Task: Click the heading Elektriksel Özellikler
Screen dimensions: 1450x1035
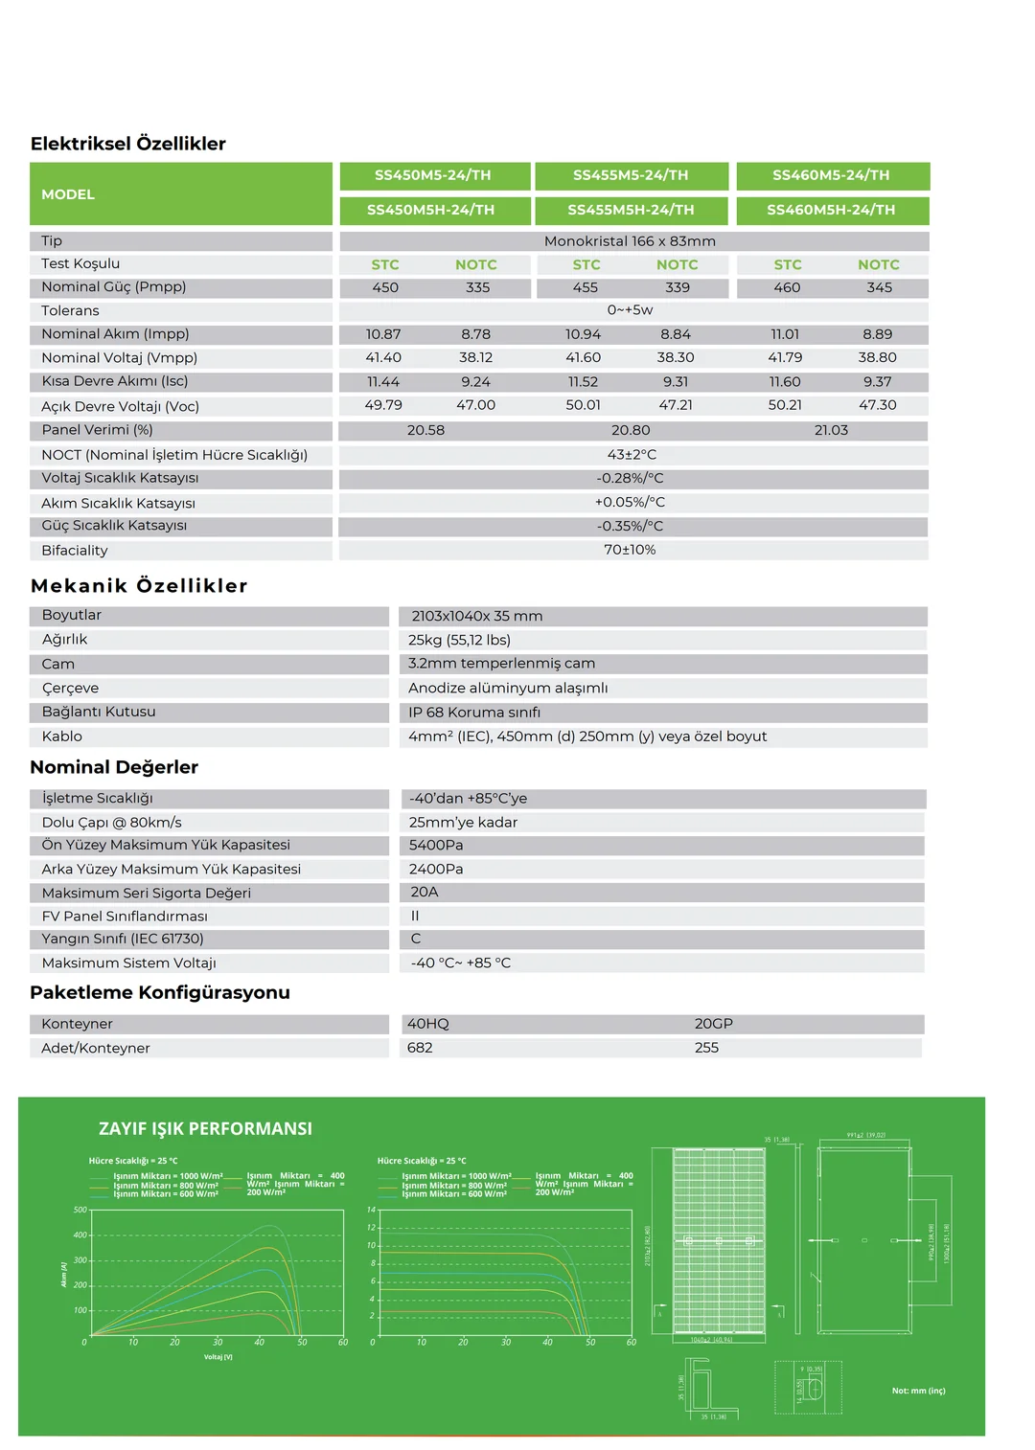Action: tap(127, 144)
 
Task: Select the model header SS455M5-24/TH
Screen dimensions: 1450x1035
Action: tap(631, 175)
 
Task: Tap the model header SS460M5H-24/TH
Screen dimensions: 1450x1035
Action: tap(831, 210)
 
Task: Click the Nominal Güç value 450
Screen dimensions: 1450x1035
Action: tap(385, 287)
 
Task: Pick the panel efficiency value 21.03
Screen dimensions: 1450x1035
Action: tap(831, 430)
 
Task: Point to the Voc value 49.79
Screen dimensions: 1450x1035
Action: tap(383, 405)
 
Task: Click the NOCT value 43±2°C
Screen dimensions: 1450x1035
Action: tap(632, 455)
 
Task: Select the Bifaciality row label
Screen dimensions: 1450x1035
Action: tap(75, 551)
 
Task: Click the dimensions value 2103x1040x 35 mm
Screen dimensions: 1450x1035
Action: tap(476, 616)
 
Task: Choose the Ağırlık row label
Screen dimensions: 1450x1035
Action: tap(64, 640)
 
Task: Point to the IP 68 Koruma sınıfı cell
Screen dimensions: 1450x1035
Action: tap(474, 713)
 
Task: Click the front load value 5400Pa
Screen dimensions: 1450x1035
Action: tap(436, 845)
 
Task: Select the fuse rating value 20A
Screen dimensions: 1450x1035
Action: tap(424, 892)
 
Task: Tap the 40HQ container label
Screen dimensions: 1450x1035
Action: tap(427, 1024)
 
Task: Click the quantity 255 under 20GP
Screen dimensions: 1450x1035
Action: tap(706, 1048)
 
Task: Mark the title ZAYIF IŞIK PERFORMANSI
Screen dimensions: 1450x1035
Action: tap(205, 1129)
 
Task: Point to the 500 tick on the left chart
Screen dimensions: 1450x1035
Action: tap(80, 1210)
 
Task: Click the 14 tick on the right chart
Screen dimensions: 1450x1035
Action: tap(371, 1210)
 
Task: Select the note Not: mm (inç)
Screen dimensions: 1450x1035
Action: tap(918, 1391)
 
